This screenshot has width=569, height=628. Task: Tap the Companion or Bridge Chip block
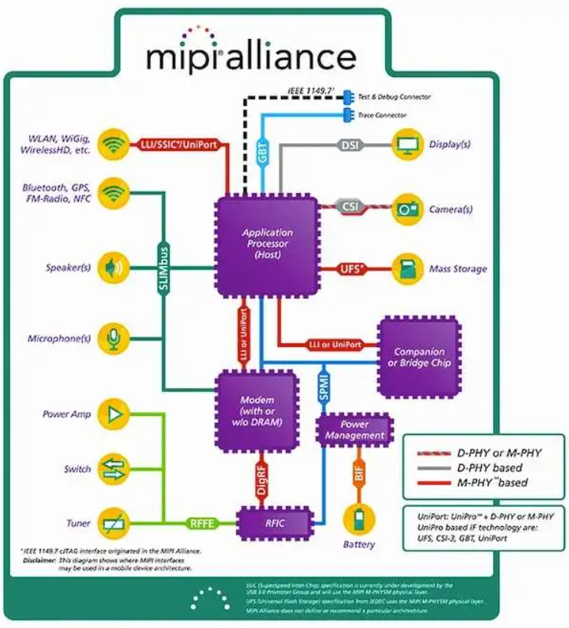(x=418, y=357)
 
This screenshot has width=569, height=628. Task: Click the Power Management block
(x=355, y=430)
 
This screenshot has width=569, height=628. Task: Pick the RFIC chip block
(x=275, y=523)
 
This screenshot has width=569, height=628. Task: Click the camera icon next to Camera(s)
(x=407, y=208)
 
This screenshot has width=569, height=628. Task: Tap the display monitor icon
(x=407, y=144)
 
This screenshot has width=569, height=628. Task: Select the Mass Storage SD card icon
(x=407, y=269)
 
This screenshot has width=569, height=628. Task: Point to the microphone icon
(x=114, y=338)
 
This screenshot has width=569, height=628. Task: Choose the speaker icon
(x=114, y=268)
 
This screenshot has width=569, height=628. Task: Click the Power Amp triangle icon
(x=114, y=414)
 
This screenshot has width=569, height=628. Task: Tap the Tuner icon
(x=114, y=523)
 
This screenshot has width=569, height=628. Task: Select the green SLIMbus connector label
(x=163, y=267)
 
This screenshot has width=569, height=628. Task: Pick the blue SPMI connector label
(x=324, y=386)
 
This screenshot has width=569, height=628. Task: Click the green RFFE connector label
(x=202, y=524)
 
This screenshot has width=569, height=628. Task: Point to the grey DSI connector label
(x=348, y=144)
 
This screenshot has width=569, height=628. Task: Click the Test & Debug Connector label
(x=394, y=97)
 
